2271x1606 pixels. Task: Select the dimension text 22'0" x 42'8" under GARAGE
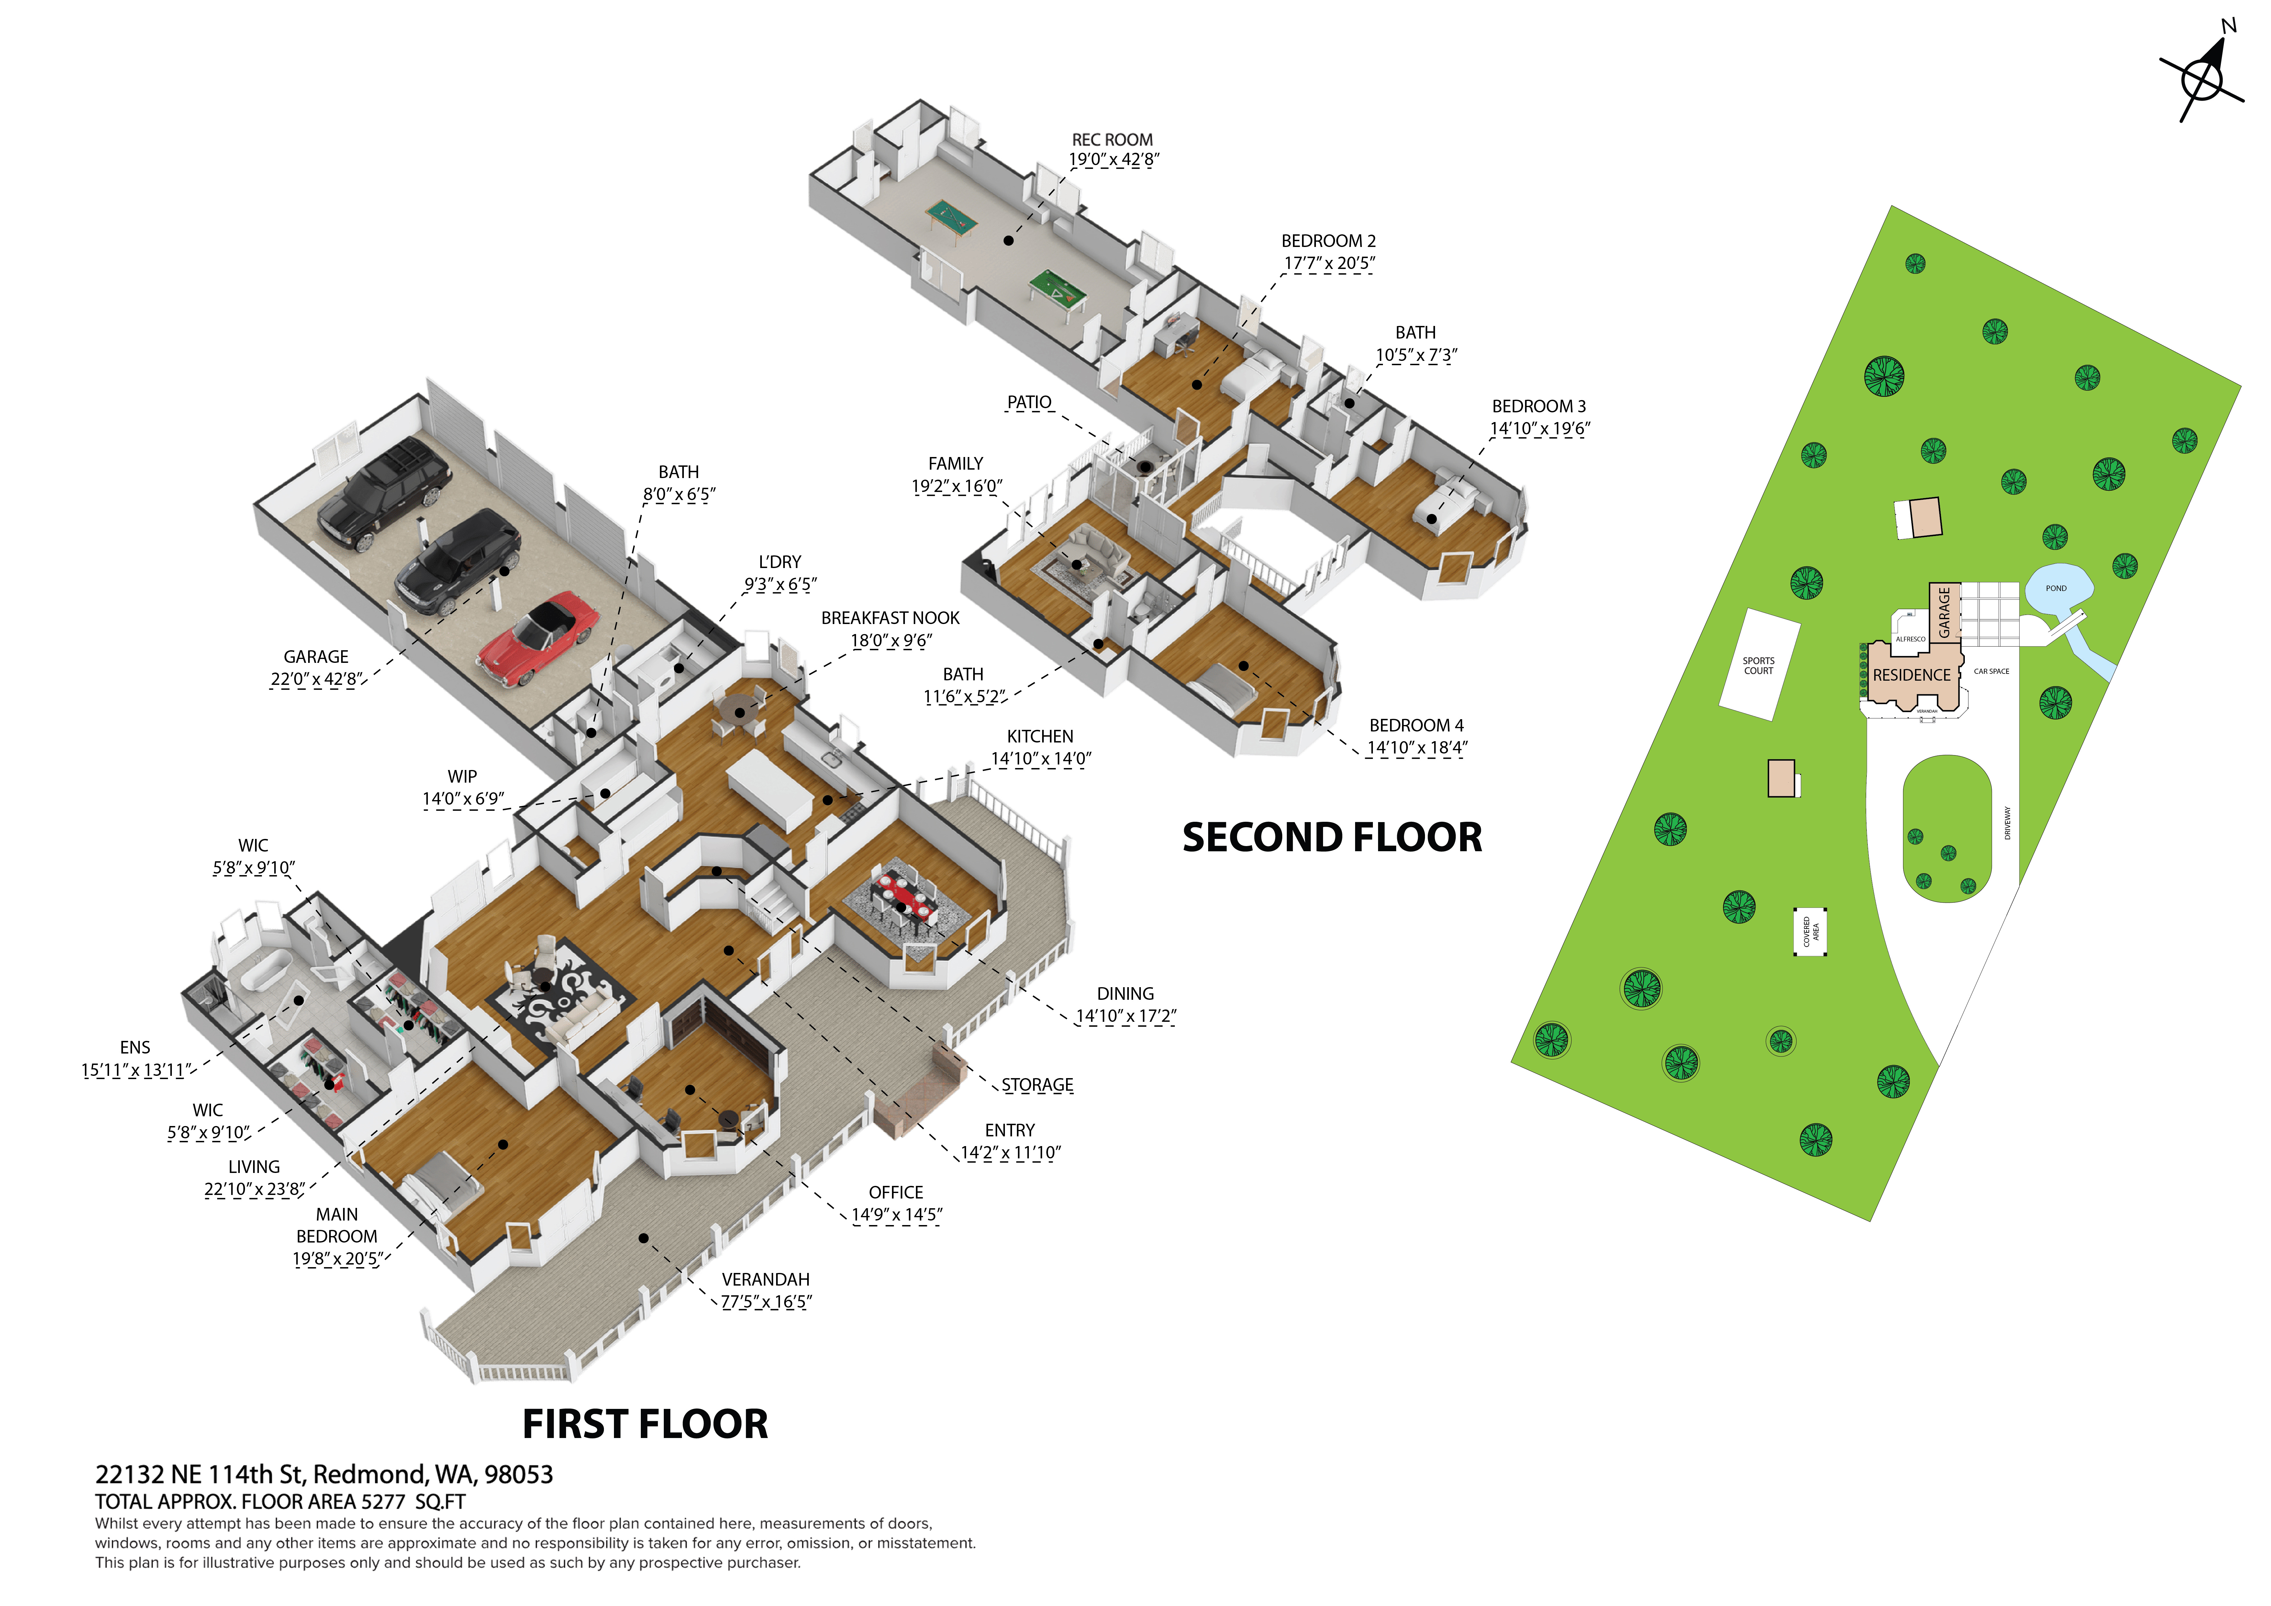click(x=317, y=679)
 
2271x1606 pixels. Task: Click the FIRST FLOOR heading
click(x=645, y=1424)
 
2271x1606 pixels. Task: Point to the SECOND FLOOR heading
click(x=1332, y=838)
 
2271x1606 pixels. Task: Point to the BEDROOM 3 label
click(x=1538, y=407)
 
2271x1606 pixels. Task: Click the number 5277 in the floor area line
click(x=383, y=1501)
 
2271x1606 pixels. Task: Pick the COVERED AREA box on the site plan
click(x=1810, y=931)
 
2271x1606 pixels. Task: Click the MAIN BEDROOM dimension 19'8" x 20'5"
click(x=336, y=1259)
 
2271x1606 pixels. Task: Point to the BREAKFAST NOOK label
click(x=890, y=618)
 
